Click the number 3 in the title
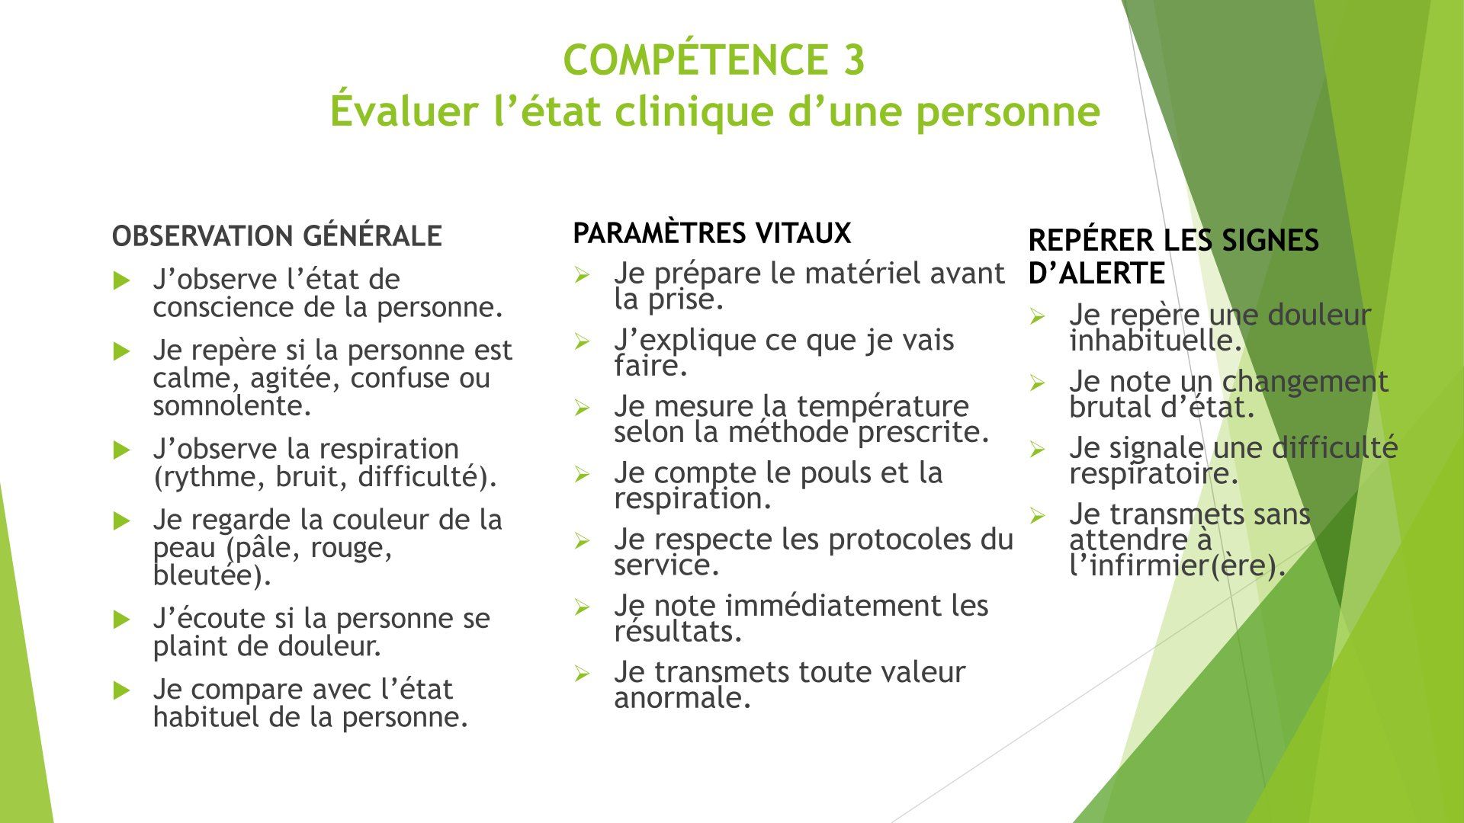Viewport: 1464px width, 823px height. point(853,60)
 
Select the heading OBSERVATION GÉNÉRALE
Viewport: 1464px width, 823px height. point(277,236)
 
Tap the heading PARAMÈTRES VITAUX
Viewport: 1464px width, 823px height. point(711,232)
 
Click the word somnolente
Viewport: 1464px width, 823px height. point(233,405)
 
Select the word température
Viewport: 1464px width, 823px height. point(883,406)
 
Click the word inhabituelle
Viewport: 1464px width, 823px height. point(1156,341)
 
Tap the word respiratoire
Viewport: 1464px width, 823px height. point(1154,474)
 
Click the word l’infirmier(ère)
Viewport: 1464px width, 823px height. point(1177,565)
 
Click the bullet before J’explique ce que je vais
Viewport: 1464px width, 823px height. point(583,341)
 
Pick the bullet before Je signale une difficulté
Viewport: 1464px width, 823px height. point(1037,449)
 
